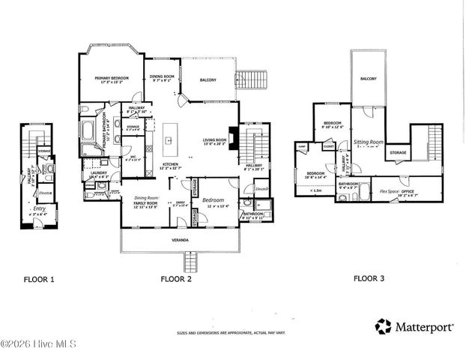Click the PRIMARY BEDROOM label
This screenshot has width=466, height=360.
tap(112, 78)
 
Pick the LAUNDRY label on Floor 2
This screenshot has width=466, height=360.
tap(99, 174)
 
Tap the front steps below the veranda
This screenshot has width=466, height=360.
tap(190, 262)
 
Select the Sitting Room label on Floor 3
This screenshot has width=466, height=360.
tap(368, 141)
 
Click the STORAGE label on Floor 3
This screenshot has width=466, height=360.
tap(398, 152)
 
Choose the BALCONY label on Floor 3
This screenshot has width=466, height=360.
tap(368, 79)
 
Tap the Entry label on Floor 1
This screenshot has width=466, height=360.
tap(39, 209)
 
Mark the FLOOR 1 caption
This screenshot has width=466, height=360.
tap(37, 278)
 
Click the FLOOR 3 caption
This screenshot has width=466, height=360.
tap(369, 278)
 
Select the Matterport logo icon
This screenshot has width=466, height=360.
tap(384, 326)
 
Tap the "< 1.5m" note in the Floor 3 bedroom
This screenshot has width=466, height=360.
tap(315, 190)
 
